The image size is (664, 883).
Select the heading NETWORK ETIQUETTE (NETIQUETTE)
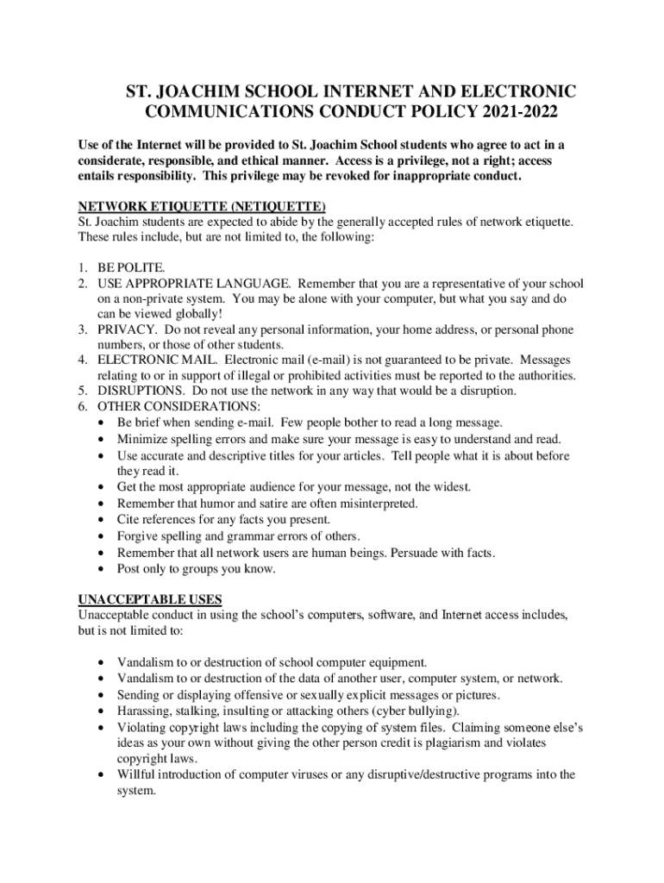point(202,206)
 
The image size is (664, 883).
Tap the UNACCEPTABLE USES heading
point(150,599)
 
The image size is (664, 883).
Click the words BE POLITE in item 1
point(131,268)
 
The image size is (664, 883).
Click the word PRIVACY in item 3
point(127,329)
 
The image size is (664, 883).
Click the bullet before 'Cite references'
point(103,520)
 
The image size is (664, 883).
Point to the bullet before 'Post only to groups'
point(103,569)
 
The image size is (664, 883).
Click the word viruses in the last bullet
point(305,774)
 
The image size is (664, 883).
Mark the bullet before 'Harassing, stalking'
point(103,711)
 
